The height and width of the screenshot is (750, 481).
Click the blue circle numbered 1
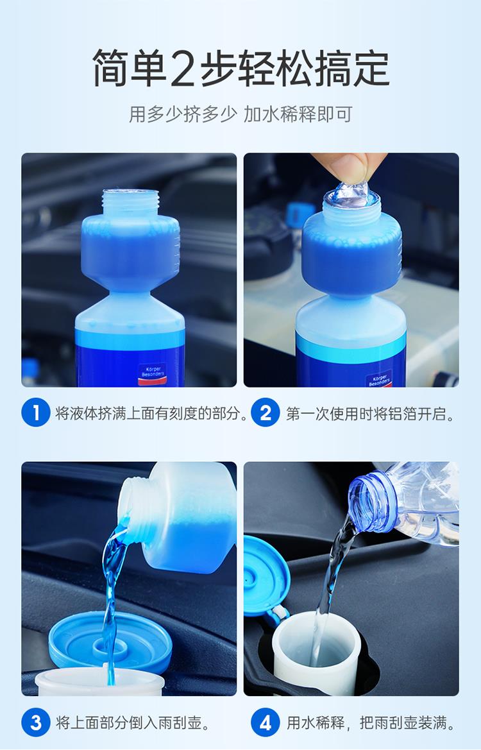coord(35,413)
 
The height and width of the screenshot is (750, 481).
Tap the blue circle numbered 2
coord(266,413)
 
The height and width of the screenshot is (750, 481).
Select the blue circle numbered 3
coord(35,722)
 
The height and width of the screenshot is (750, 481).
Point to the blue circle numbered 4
coord(266,722)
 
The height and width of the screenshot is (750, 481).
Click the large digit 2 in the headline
coord(182,69)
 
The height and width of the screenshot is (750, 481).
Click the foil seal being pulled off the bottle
coord(351,194)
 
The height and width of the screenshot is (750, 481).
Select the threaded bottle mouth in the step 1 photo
coord(130,203)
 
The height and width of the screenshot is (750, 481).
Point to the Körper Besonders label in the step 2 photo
coord(378,379)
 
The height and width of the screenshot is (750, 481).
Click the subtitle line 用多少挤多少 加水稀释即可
coord(240,115)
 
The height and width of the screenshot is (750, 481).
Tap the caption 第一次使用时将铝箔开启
coord(370,413)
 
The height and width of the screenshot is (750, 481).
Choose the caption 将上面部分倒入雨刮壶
coord(133,723)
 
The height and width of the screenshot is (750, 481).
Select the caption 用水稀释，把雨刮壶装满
coord(370,723)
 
